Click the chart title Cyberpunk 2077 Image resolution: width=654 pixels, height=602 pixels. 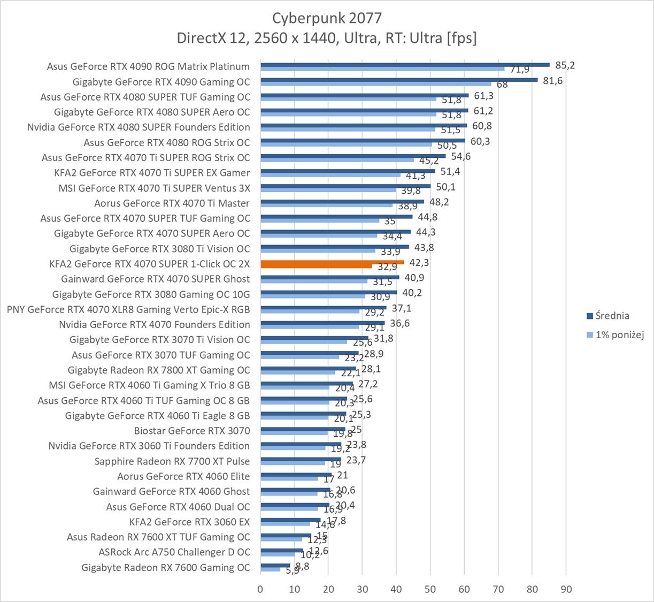click(x=327, y=18)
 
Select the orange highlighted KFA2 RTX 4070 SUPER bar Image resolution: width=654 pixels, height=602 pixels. click(x=332, y=263)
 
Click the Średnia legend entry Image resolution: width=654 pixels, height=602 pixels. click(x=612, y=316)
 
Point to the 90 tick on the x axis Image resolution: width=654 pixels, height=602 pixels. click(x=566, y=589)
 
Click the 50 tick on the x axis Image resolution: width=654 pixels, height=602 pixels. click(x=430, y=589)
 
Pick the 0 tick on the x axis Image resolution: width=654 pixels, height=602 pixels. click(x=260, y=589)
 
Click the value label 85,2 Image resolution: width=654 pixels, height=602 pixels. click(x=565, y=65)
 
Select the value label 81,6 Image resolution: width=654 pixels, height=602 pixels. click(x=552, y=81)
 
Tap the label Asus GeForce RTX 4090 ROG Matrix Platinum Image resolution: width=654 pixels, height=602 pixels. click(x=148, y=66)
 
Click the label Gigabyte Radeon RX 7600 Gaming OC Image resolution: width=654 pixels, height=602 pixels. click(x=165, y=567)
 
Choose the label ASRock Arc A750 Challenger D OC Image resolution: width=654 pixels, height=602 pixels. click(x=174, y=552)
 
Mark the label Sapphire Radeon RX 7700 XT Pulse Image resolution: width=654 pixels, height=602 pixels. click(x=172, y=461)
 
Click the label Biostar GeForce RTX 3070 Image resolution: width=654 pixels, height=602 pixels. click(x=192, y=431)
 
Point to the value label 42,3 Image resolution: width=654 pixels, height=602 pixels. click(x=419, y=263)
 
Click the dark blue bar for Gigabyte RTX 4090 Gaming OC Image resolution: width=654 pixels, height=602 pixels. click(x=398, y=80)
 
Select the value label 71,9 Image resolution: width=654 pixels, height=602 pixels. click(x=520, y=70)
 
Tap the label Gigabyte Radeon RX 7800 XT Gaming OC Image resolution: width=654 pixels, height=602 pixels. click(x=158, y=370)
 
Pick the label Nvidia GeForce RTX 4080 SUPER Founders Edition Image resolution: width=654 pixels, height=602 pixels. click(x=139, y=127)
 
